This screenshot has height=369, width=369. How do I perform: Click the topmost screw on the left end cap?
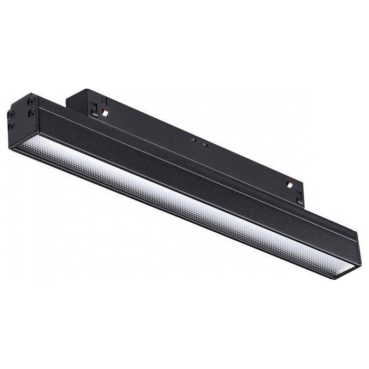tap(32, 100)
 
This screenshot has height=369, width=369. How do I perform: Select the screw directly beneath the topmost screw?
tap(33, 113)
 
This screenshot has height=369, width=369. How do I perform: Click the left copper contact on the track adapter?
tap(106, 113)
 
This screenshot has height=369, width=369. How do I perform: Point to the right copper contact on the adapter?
tap(289, 184)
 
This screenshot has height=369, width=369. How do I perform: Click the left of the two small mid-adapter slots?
tap(194, 140)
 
